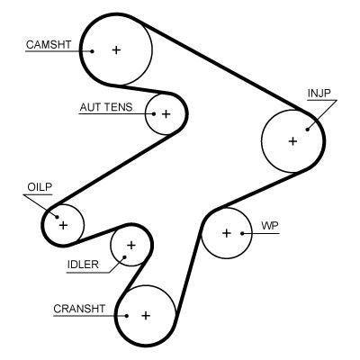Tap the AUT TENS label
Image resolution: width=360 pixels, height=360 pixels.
tap(105, 107)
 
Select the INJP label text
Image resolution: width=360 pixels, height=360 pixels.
tap(320, 93)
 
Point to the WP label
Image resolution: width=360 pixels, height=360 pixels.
tap(268, 224)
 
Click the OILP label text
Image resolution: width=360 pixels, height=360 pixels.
tap(39, 186)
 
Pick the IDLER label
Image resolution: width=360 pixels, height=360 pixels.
tap(83, 264)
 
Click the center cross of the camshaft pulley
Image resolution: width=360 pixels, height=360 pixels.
tap(116, 50)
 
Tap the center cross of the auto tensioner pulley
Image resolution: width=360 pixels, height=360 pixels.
tap(166, 114)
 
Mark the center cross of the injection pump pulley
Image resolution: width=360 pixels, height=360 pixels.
tap(292, 141)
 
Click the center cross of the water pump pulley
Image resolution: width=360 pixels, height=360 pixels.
tap(227, 233)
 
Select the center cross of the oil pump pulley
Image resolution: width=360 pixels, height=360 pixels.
tap(63, 223)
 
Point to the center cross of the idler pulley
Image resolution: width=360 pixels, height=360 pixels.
tap(131, 245)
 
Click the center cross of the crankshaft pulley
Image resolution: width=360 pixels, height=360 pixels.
tap(145, 315)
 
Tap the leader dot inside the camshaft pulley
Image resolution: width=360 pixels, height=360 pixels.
tap(93, 50)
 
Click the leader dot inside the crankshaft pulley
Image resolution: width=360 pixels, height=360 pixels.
tap(127, 315)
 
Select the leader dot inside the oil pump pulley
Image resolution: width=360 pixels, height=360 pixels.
tap(56, 216)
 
